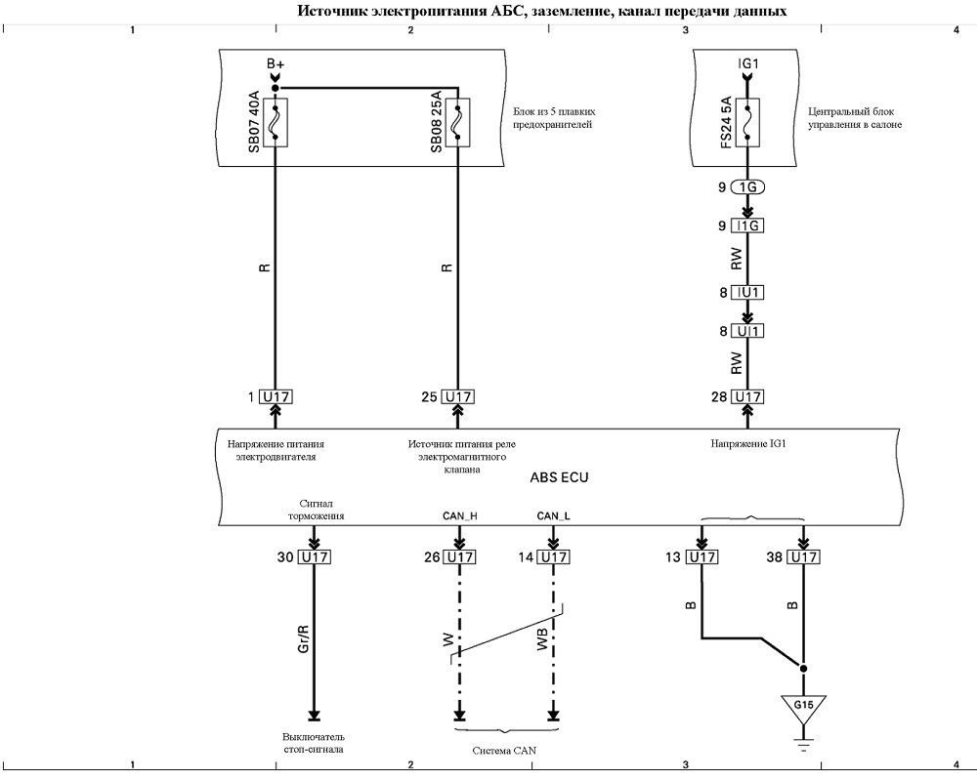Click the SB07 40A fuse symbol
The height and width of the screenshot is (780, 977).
275,123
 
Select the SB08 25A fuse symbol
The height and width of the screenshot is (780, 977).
457,123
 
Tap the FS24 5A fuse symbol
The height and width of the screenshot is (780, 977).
747,123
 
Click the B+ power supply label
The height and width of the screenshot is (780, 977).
276,63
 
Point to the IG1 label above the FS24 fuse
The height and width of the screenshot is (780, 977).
747,63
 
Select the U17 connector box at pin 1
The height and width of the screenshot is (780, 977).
276,396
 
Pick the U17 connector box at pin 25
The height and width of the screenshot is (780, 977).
458,396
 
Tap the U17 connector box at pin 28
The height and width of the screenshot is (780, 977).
747,396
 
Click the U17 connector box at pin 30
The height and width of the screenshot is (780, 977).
315,557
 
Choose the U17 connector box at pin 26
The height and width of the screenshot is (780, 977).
459,557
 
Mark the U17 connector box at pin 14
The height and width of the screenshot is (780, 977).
553,557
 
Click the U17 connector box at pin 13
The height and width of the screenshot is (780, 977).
701,557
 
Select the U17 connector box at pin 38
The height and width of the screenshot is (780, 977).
803,557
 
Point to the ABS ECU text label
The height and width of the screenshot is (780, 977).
559,478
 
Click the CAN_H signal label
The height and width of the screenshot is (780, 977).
460,516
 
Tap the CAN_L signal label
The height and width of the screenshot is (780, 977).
553,516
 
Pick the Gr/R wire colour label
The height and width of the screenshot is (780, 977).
304,638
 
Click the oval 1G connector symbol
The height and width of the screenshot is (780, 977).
747,186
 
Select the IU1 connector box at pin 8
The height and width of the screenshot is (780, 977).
747,293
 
